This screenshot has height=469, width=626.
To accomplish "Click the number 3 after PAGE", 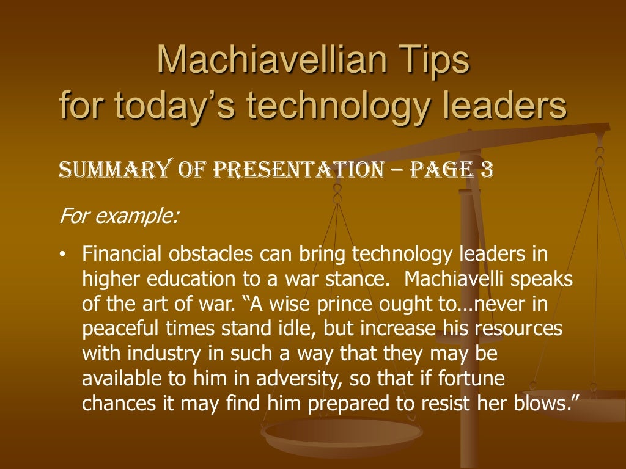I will [485, 169].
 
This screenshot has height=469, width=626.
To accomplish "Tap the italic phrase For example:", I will [119, 216].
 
